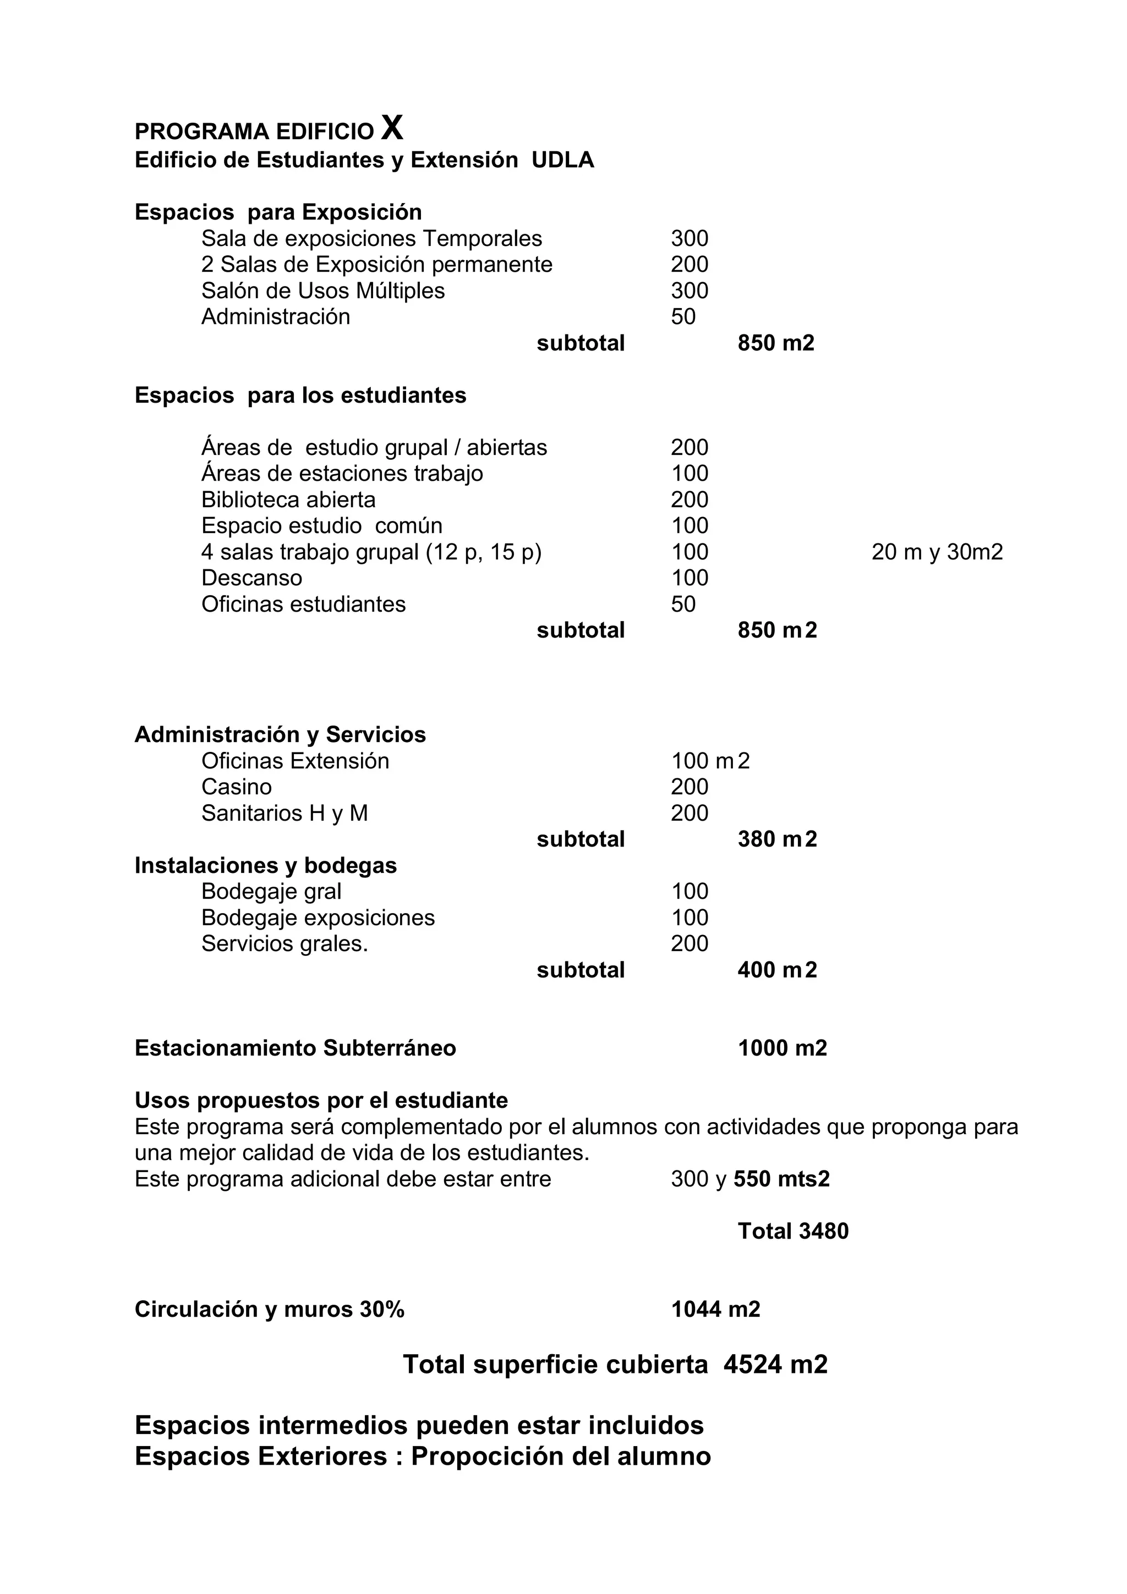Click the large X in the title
pyautogui.click(x=392, y=128)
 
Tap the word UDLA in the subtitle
pyautogui.click(x=562, y=161)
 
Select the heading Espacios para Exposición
pyautogui.click(x=278, y=212)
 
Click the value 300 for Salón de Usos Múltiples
pyautogui.click(x=689, y=290)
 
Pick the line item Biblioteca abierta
pyautogui.click(x=288, y=500)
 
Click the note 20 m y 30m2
pyautogui.click(x=937, y=552)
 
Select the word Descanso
pyautogui.click(x=251, y=578)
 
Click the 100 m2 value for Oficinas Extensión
pyautogui.click(x=710, y=761)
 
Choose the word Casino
pyautogui.click(x=236, y=787)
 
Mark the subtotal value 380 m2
pyautogui.click(x=777, y=839)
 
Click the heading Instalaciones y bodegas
pyautogui.click(x=265, y=865)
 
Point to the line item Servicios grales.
pyautogui.click(x=285, y=943)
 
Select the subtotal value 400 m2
pyautogui.click(x=777, y=969)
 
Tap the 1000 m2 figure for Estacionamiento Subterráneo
pyautogui.click(x=782, y=1048)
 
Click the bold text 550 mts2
pyautogui.click(x=781, y=1179)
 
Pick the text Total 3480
pyautogui.click(x=792, y=1231)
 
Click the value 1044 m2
pyautogui.click(x=715, y=1309)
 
